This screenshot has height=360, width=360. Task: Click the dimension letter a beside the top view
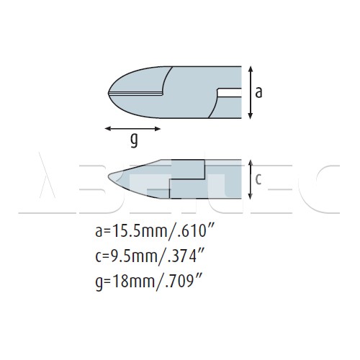(258, 93)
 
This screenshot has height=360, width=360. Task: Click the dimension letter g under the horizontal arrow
(134, 140)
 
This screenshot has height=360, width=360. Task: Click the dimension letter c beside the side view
(258, 179)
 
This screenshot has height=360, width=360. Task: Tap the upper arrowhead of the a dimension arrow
(251, 69)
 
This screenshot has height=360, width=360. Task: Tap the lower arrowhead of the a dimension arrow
(251, 116)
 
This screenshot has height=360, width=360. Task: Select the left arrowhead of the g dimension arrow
(108, 129)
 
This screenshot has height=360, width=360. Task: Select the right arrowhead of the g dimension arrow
(158, 129)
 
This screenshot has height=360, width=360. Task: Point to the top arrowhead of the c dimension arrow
(251, 163)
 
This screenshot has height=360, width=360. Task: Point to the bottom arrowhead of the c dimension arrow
(251, 196)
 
